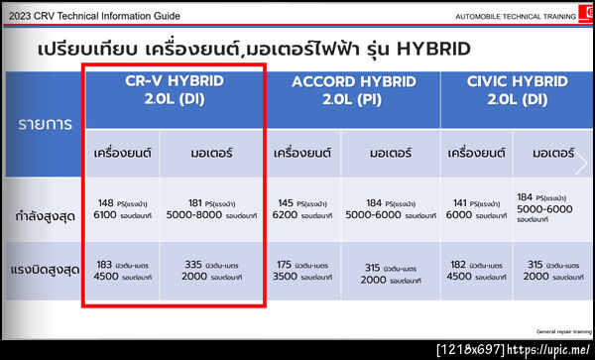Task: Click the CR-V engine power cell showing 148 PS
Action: [123, 206]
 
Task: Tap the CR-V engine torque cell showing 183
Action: [123, 271]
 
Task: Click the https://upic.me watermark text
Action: [547, 349]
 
